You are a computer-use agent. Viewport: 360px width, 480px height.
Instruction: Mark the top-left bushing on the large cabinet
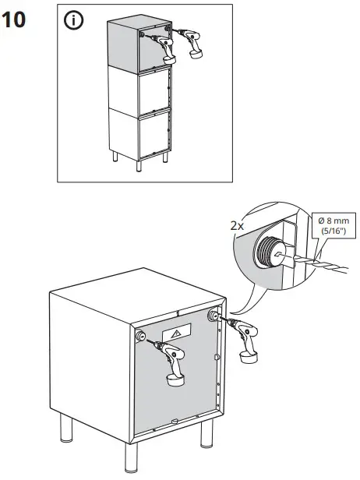[142, 336]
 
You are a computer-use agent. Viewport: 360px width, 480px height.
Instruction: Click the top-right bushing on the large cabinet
[214, 316]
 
